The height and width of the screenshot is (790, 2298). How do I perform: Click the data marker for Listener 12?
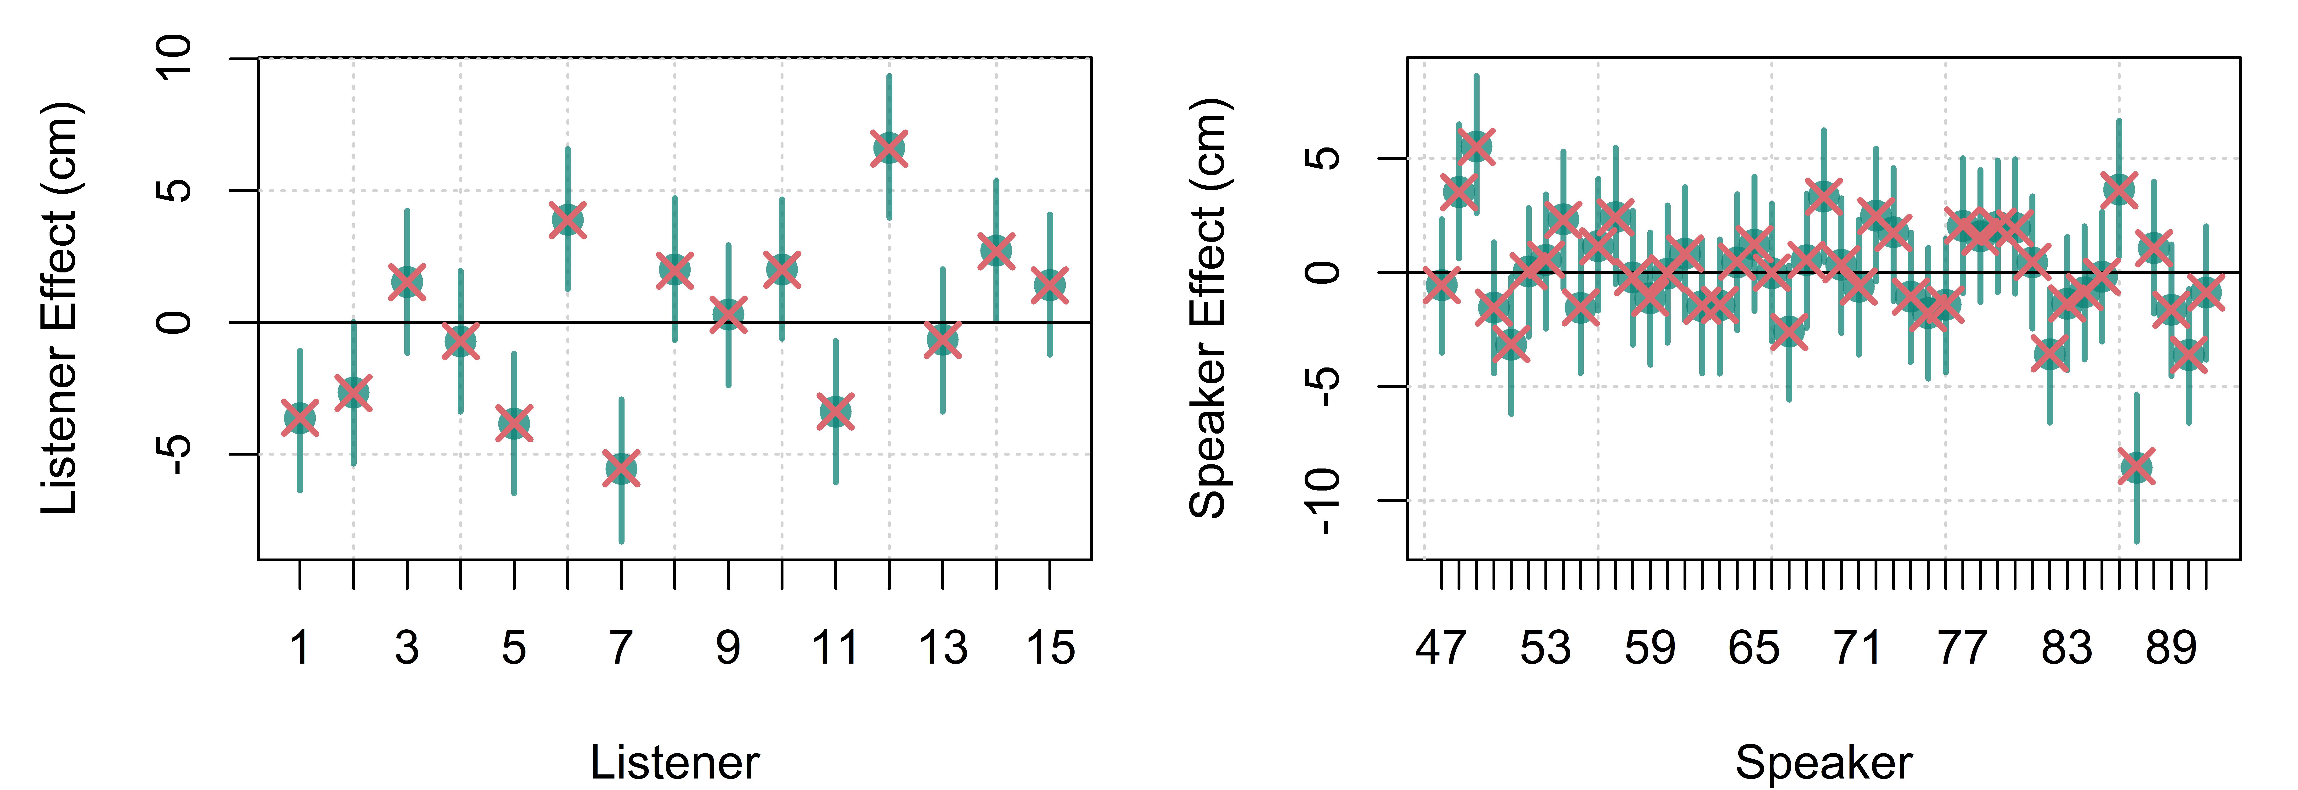889,148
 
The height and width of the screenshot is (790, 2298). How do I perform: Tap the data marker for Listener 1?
300,417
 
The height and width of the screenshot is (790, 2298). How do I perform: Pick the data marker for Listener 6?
567,219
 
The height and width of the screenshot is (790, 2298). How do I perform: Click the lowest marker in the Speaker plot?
2136,466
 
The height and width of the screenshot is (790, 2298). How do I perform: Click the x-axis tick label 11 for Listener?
835,648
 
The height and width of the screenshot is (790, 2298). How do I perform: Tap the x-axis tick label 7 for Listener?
621,648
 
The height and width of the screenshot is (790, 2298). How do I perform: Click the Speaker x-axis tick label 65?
1754,648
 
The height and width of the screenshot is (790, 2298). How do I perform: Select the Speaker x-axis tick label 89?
2171,648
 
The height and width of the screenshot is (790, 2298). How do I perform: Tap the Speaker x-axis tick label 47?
1441,648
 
